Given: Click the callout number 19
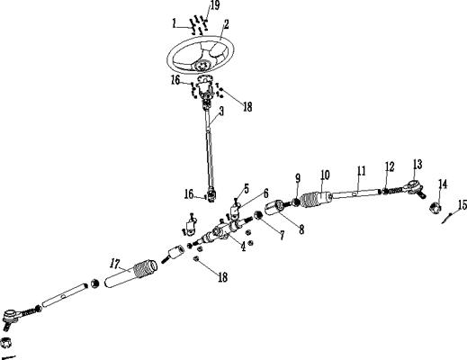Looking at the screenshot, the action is point(215,5).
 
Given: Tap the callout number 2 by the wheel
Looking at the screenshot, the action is point(226,24).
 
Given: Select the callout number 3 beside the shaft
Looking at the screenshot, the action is point(221,112).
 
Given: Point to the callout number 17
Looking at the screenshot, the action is point(115,264).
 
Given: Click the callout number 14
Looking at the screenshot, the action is point(443,184).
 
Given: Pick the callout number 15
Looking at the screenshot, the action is point(463,205).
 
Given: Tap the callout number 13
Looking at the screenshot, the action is point(418,164).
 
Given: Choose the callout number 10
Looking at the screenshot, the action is point(325,175).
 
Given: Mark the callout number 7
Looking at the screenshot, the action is point(282,236).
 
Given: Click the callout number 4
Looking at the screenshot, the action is point(243,247).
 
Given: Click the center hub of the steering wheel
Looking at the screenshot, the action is point(202,65).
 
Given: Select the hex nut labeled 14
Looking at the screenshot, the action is point(435,207).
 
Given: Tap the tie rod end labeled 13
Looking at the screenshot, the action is point(415,187).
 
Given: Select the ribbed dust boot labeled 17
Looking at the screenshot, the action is point(131,273).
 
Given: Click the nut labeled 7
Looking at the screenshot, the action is point(258,216).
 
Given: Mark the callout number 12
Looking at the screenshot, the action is point(390,167).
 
